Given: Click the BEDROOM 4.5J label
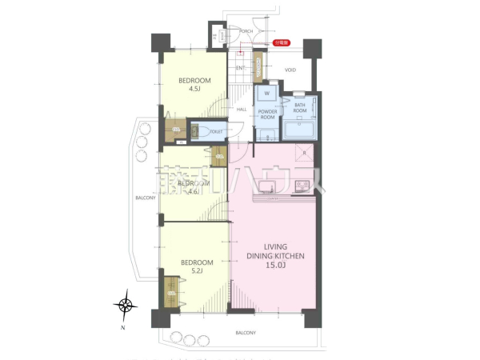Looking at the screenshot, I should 194,85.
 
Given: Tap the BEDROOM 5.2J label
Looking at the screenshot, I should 196,266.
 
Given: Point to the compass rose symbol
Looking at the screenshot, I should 126,304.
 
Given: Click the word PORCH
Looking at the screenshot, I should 246,31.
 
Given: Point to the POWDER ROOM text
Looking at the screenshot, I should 267,114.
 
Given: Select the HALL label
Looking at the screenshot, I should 242,110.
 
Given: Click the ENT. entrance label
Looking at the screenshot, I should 240,68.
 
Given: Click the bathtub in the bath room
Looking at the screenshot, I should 300,130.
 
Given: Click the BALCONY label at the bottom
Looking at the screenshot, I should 246,332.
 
